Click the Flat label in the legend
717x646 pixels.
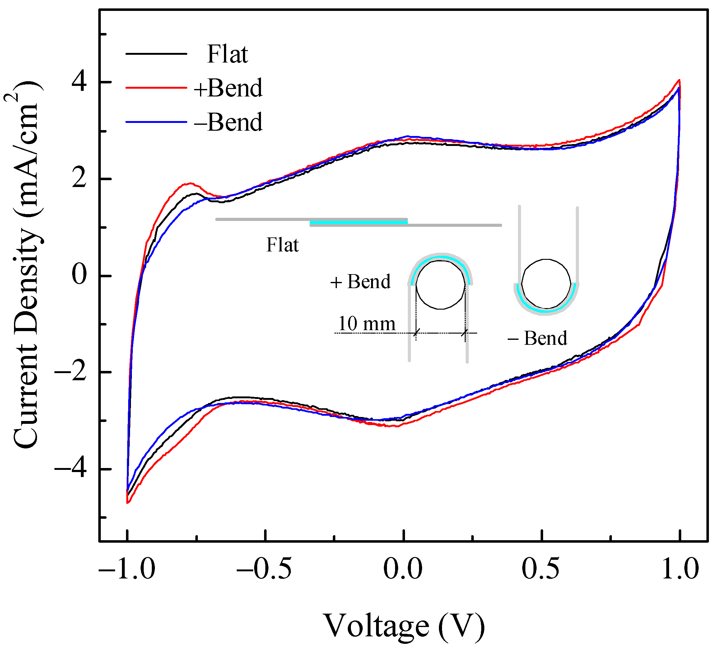[x=227, y=54]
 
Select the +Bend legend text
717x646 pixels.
[x=228, y=88]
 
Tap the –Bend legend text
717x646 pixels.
[x=228, y=122]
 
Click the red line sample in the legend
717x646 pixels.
[x=156, y=87]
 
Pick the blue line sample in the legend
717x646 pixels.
[x=156, y=122]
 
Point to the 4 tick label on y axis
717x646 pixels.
[x=79, y=82]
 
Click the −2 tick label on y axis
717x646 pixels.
[x=70, y=372]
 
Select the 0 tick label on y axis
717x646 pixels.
[x=79, y=275]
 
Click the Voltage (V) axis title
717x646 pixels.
[x=404, y=625]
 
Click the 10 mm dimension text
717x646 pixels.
[x=366, y=324]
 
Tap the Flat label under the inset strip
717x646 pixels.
[x=282, y=245]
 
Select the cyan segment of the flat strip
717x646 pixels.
[x=358, y=222]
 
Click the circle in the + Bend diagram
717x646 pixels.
[x=440, y=285]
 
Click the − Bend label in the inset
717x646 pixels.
[x=537, y=338]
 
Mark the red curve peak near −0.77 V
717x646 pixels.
[x=190, y=184]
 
